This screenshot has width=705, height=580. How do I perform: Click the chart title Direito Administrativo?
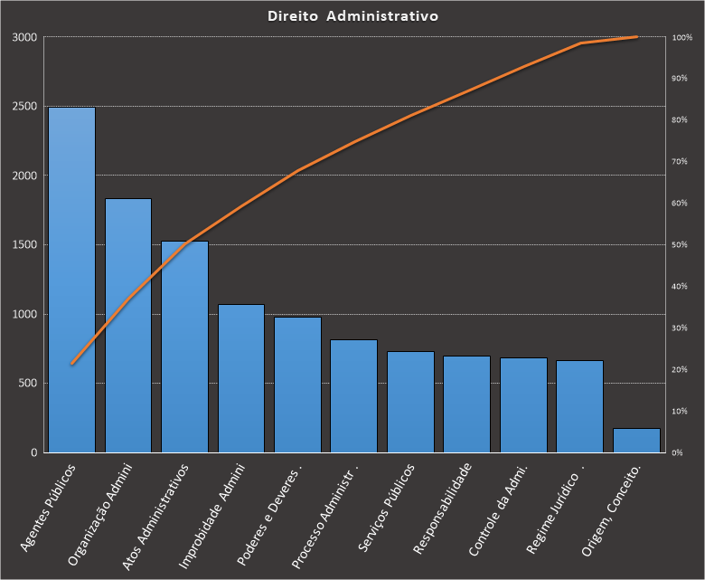(353, 16)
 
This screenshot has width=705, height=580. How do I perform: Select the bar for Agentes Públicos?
(71, 280)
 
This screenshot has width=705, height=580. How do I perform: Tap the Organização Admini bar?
(128, 326)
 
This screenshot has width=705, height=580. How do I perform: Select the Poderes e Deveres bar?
(297, 385)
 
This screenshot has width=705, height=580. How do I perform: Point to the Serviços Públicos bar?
(410, 402)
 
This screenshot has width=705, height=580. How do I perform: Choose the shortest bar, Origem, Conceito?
(635, 441)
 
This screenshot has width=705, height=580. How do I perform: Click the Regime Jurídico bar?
(579, 406)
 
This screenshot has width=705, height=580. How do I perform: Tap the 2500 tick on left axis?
(25, 107)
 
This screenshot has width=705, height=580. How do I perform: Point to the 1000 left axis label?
(25, 314)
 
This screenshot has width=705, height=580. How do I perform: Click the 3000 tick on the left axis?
(25, 37)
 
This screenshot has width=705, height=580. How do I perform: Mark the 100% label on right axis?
(681, 37)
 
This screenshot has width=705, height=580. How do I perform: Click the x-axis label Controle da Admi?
(499, 510)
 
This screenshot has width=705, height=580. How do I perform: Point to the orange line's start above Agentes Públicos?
(72, 364)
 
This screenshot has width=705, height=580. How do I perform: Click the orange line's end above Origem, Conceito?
(636, 37)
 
